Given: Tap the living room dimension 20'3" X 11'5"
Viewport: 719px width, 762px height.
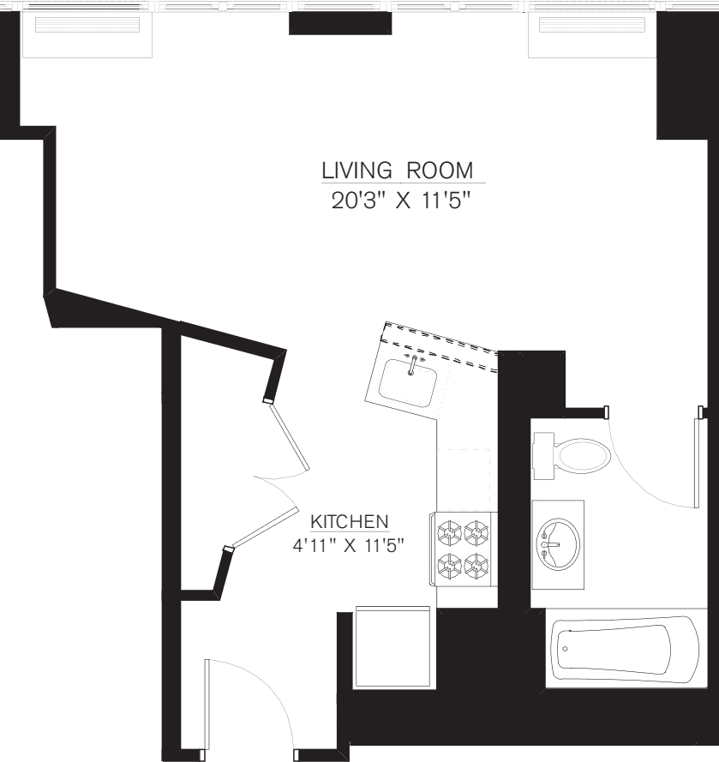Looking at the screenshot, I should click(x=401, y=202).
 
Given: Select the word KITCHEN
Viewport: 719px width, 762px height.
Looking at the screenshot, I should click(x=350, y=521).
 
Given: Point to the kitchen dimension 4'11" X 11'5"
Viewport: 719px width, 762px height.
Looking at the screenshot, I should click(x=347, y=543).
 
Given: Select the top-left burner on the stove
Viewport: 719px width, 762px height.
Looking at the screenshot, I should click(x=450, y=533).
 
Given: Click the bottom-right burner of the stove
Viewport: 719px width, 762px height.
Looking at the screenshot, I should click(x=476, y=564).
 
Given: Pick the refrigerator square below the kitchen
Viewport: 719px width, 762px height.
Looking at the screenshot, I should click(x=392, y=647).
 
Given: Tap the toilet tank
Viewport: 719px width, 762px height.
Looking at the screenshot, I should click(x=542, y=455).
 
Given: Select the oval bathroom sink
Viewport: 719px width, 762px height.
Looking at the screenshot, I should click(x=558, y=543).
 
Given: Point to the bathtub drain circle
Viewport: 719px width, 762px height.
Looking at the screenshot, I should click(x=565, y=649).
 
